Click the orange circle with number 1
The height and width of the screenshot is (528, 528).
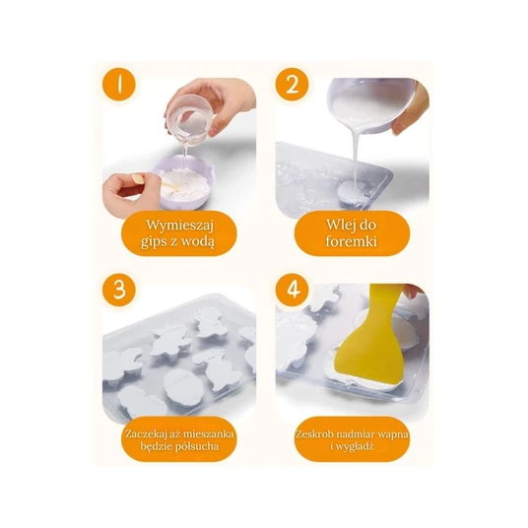pos(119,84)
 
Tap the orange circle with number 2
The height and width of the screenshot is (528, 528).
pos(292,84)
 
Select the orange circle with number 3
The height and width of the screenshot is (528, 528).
pos(119,290)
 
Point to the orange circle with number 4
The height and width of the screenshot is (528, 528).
pos(292,290)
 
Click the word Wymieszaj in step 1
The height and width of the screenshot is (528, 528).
pos(179,226)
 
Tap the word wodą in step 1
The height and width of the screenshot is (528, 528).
pos(199,241)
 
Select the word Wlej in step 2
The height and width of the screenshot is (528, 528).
pos(338,225)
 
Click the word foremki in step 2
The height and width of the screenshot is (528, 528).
pos(352,241)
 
